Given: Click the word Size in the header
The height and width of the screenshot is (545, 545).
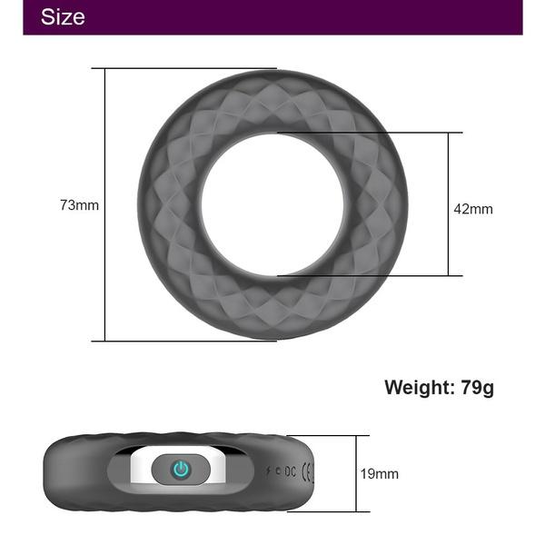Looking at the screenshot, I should [x=63, y=17].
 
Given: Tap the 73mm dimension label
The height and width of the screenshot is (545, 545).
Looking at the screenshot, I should [x=79, y=205].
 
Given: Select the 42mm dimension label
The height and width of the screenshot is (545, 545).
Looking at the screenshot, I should [x=473, y=209].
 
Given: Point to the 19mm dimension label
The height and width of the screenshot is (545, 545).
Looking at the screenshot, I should [x=380, y=473].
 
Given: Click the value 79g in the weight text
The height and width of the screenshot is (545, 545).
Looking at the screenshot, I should [x=477, y=388].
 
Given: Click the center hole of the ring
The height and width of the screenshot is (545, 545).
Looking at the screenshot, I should [x=272, y=204].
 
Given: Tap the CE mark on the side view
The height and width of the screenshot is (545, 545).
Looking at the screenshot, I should [x=307, y=471].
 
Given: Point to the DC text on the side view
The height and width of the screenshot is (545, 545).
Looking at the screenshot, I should [x=290, y=471].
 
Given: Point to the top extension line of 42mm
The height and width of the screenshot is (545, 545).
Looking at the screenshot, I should [x=381, y=134].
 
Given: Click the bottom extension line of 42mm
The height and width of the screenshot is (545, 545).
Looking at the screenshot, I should [x=381, y=275].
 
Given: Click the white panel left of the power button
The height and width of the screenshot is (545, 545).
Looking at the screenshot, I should [x=145, y=469].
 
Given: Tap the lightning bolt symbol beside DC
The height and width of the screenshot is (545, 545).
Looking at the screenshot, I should [x=276, y=471].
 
